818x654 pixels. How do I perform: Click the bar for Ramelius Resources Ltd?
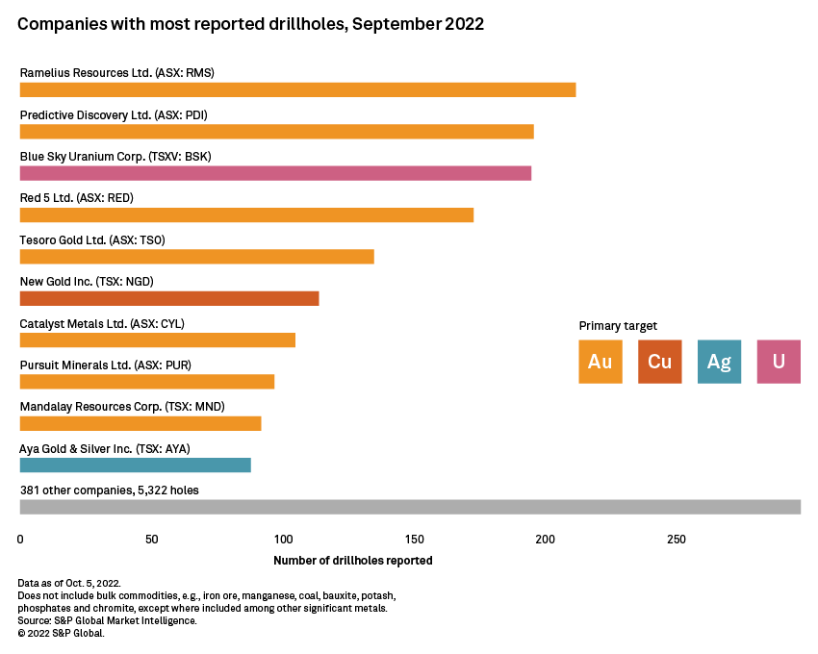tap(297, 89)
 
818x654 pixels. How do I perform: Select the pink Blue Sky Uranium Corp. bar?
tap(275, 173)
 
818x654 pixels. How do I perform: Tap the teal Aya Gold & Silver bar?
tap(135, 465)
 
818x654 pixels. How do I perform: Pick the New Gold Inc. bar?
tap(169, 298)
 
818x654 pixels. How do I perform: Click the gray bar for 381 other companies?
tap(410, 507)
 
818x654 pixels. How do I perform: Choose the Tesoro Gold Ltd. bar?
tap(196, 257)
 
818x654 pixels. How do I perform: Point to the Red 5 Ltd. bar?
tap(246, 214)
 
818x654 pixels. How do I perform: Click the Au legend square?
tap(601, 362)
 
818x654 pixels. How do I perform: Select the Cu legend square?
tap(660, 362)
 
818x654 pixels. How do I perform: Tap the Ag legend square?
tap(719, 362)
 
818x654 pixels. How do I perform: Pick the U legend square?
tap(779, 362)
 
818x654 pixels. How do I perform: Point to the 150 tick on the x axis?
tap(414, 540)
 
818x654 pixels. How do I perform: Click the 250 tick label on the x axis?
tap(677, 540)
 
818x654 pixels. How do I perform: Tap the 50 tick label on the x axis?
tap(151, 540)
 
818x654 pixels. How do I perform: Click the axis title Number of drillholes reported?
tap(352, 561)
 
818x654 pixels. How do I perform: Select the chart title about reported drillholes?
tap(250, 24)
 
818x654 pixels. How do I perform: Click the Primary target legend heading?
tap(618, 326)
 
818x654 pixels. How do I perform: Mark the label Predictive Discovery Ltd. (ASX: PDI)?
tap(114, 114)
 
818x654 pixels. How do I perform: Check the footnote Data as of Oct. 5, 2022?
tap(69, 584)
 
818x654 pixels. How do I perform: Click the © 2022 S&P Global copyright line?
tap(61, 633)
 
